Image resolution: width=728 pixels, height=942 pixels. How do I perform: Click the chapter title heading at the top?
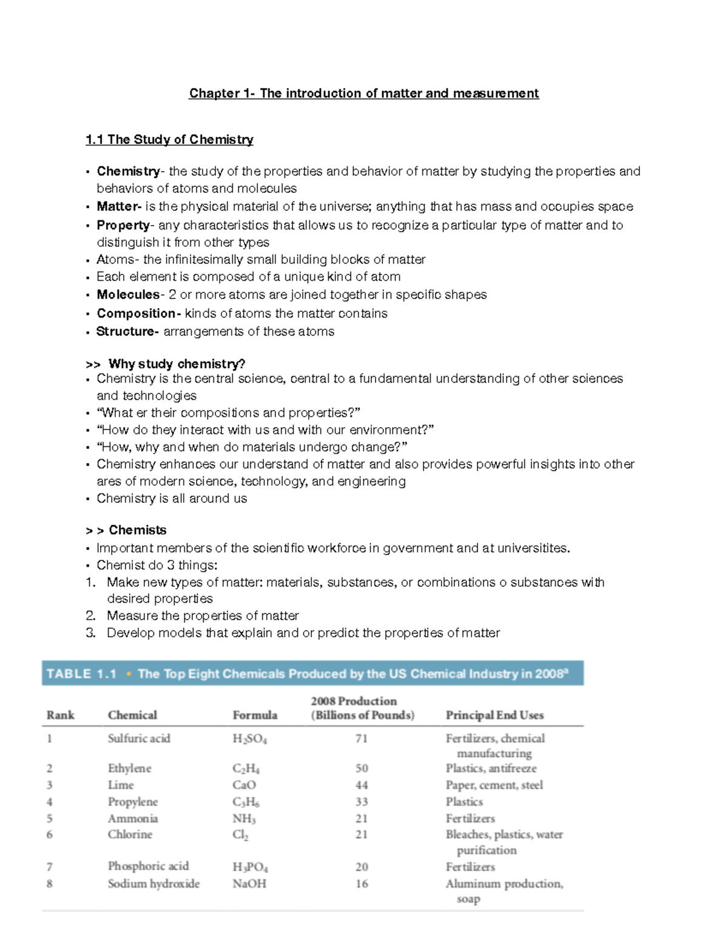coord(364,93)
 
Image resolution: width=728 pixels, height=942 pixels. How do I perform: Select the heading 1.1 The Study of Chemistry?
coord(169,140)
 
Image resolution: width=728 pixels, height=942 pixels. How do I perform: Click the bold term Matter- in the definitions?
coord(119,206)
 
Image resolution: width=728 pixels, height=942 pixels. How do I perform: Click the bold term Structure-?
coord(127,331)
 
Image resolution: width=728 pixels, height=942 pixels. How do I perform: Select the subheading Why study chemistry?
coord(177,364)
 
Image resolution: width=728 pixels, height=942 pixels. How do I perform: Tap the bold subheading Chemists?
coord(138,530)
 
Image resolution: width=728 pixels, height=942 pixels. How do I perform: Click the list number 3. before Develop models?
coord(91,633)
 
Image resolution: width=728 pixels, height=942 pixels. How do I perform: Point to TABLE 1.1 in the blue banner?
coord(81,674)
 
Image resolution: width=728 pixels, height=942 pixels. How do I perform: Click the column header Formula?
coord(255,715)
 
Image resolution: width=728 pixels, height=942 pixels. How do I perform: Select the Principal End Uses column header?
coord(494,715)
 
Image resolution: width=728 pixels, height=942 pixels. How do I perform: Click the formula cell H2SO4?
coord(249,739)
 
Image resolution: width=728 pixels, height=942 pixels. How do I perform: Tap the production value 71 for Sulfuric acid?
coord(362,738)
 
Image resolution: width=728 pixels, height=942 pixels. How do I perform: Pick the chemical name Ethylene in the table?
coord(130,769)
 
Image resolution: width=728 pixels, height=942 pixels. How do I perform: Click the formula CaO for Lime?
coord(244,785)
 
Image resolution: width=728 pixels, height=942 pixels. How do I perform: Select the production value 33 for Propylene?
coord(362,802)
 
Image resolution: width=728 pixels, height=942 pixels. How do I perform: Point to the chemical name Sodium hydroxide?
coord(153,884)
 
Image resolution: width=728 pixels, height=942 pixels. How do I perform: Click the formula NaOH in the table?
coord(249,884)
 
